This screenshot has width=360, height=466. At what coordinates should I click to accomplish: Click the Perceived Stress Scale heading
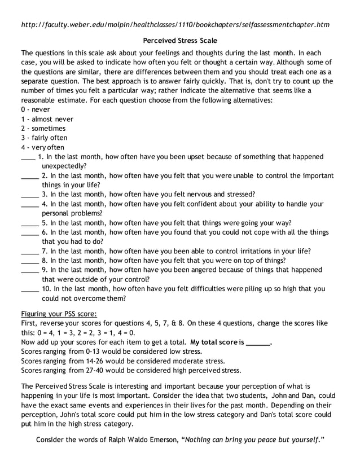pos(180,41)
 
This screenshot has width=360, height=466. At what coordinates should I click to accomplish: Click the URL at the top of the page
pos(175,25)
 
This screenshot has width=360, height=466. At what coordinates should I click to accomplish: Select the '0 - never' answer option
pos(36,109)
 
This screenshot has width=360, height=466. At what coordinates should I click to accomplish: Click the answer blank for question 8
pos(29,262)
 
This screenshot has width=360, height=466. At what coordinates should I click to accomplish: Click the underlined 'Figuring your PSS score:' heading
pos(59,314)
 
